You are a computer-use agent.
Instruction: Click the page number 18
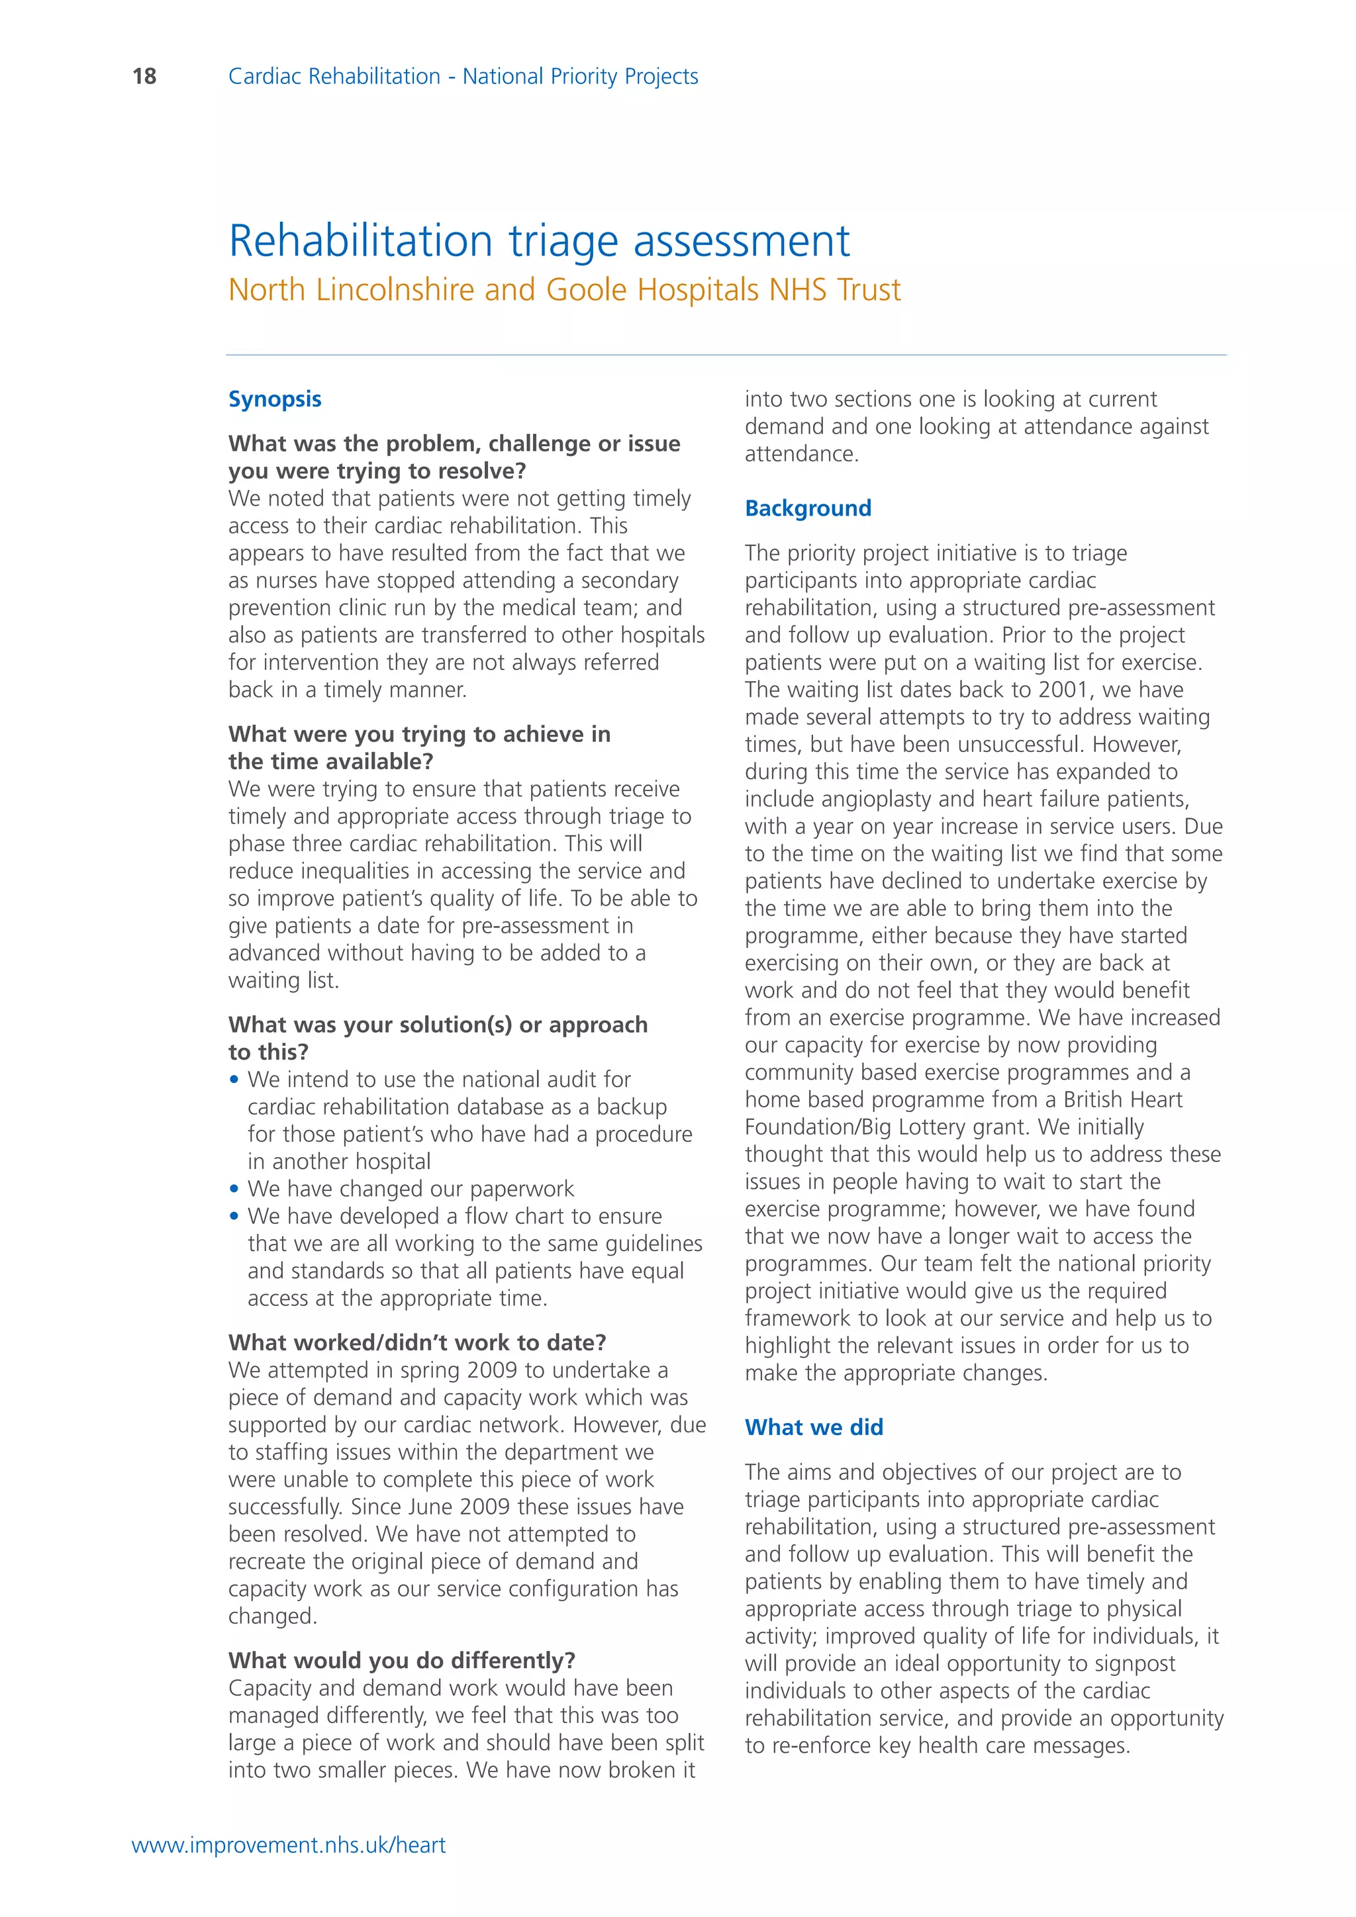coord(144,77)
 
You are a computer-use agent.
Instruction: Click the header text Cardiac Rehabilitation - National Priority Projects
coord(463,77)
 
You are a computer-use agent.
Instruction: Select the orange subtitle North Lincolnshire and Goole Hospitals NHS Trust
coord(564,291)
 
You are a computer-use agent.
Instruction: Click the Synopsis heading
coord(275,399)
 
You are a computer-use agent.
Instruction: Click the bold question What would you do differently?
coord(402,1661)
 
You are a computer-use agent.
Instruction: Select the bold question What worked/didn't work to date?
coord(416,1342)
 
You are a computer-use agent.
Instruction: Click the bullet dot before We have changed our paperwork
coord(234,1189)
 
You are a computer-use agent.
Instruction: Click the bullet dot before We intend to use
coord(234,1080)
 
